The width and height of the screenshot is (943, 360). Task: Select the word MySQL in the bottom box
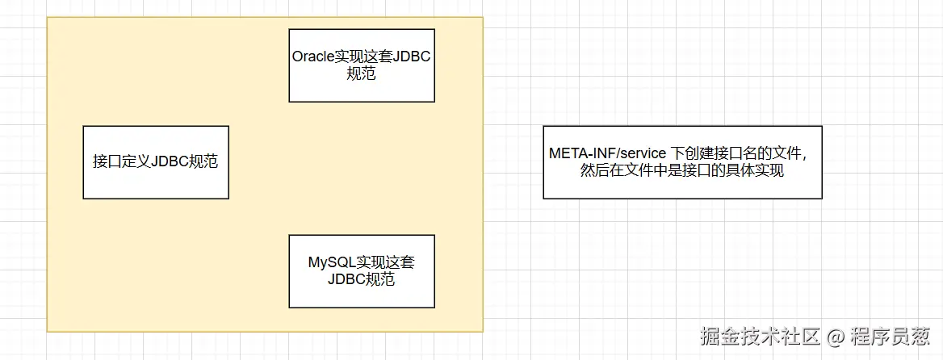click(329, 262)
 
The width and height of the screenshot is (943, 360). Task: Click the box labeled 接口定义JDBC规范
click(156, 162)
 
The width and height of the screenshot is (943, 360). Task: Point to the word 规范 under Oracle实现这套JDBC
click(362, 74)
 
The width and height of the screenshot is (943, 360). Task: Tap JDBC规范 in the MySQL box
click(362, 280)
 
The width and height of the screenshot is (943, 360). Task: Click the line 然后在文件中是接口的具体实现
click(682, 171)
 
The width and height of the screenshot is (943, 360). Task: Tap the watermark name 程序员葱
click(891, 336)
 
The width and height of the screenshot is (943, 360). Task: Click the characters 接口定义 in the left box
click(121, 161)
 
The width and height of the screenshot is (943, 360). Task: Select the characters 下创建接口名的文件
click(736, 153)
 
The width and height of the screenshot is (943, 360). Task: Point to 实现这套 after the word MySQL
click(383, 262)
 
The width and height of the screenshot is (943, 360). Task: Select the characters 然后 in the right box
click(593, 171)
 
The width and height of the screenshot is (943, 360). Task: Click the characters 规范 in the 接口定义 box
click(203, 161)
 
